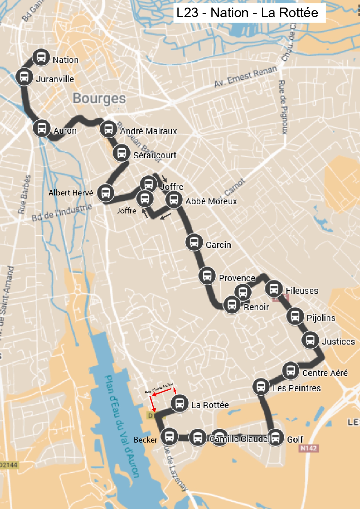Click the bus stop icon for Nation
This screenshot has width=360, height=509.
point(41,57)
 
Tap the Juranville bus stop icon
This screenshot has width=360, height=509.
point(24,77)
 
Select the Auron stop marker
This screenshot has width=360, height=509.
point(42,128)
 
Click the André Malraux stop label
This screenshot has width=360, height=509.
point(149,131)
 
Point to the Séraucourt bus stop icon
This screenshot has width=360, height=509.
point(121,153)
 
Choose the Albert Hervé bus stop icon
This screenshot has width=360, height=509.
point(106,193)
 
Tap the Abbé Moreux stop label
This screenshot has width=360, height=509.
point(211,201)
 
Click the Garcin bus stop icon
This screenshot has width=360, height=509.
point(194,242)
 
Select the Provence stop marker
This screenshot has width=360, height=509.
point(207,276)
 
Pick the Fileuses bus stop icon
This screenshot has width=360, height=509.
point(274,289)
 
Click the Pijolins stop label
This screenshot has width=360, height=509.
point(321,318)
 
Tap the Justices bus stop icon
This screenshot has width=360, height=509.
point(310,340)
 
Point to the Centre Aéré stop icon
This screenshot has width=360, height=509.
point(290,371)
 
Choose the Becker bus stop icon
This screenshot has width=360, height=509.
point(169,436)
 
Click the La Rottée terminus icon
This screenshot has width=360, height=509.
point(180,403)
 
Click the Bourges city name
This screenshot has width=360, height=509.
point(99,98)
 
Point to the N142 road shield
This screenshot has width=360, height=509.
point(308,448)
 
